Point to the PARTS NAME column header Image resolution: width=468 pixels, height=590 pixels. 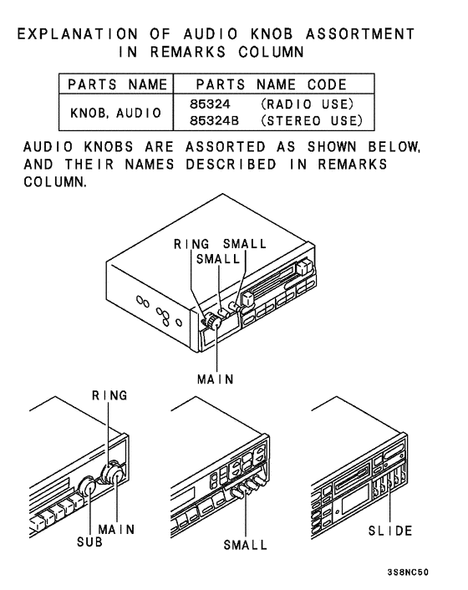tap(115, 85)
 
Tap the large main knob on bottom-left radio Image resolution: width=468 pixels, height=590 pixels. tap(112, 476)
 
